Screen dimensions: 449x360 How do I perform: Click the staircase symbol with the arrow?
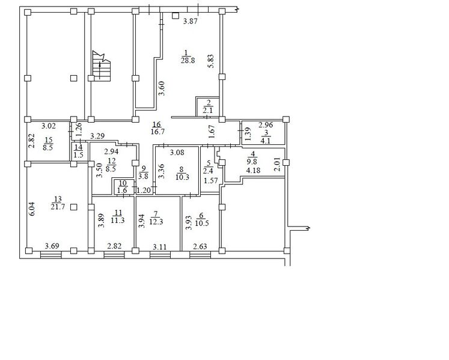click(x=102, y=66)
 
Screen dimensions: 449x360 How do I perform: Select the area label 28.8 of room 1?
click(x=188, y=61)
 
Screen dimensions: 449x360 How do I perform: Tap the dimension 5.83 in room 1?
click(x=212, y=61)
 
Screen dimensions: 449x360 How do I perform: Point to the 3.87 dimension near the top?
click(x=191, y=21)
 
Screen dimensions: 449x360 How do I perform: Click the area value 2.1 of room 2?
click(x=208, y=110)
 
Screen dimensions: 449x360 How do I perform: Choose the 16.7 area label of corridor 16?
click(x=157, y=132)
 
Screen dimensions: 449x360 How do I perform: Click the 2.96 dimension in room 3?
click(x=266, y=125)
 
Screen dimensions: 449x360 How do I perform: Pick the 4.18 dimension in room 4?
click(x=253, y=171)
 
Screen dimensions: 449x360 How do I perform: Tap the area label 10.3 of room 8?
click(x=182, y=177)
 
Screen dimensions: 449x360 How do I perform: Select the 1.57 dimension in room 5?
click(x=211, y=181)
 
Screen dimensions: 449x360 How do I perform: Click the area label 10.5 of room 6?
click(x=201, y=224)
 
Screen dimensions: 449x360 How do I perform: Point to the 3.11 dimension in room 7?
click(x=159, y=246)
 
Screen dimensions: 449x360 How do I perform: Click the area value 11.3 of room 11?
click(x=118, y=221)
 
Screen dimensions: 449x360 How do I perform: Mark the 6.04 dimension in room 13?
click(x=32, y=209)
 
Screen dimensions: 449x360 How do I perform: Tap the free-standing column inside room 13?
click(x=73, y=207)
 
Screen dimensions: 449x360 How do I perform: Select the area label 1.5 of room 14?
click(x=79, y=155)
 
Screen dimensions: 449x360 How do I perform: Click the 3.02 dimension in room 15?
click(x=49, y=126)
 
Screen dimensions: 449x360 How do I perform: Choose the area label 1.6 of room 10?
click(x=122, y=191)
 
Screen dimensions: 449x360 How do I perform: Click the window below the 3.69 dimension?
click(x=51, y=255)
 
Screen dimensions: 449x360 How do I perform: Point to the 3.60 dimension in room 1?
click(x=162, y=88)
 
